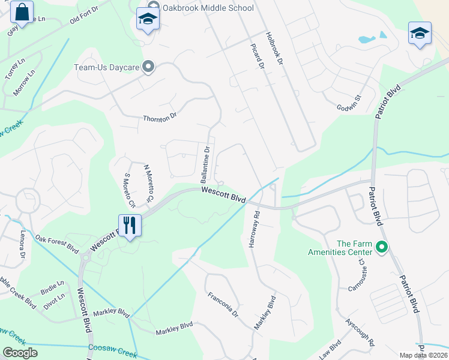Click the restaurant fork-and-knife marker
coord(130,226)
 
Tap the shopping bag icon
coord(22,13)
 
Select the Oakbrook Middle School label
coord(208,8)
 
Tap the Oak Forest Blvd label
coord(57,243)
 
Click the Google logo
coord(20,353)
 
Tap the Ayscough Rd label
coord(360,332)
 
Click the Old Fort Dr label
coord(83,18)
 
